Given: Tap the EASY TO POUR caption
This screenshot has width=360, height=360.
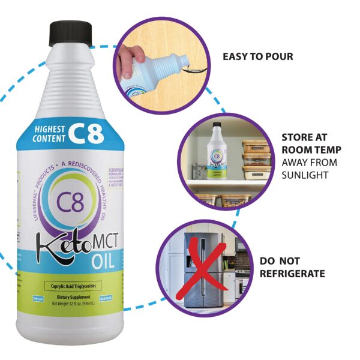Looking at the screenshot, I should point(258,57).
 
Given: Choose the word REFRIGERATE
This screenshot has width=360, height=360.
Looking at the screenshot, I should point(292,274).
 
